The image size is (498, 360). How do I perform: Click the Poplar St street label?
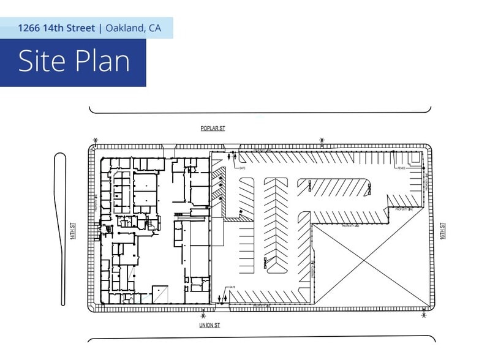pyautogui.click(x=213, y=129)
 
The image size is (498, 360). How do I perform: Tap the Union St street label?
pyautogui.click(x=209, y=325)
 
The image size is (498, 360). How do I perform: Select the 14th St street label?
pyautogui.click(x=72, y=231)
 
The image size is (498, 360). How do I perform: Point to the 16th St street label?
pyautogui.click(x=442, y=231)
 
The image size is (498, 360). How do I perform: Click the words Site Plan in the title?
pyautogui.click(x=74, y=62)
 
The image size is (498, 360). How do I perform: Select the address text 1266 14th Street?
pyautogui.click(x=56, y=28)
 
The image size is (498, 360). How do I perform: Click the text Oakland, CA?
pyautogui.click(x=133, y=28)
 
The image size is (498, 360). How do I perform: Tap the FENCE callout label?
pyautogui.click(x=401, y=168)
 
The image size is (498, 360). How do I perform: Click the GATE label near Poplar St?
pyautogui.click(x=242, y=168)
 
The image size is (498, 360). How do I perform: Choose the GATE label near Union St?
pyautogui.click(x=232, y=287)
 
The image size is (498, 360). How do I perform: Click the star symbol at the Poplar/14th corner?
pyautogui.click(x=95, y=140)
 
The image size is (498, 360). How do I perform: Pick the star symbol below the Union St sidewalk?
pyautogui.click(x=203, y=316)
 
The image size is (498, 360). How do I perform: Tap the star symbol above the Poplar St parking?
pyautogui.click(x=322, y=140)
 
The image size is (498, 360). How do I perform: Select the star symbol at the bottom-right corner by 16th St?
pyautogui.click(x=423, y=316)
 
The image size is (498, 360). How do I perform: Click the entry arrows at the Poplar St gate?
pyautogui.click(x=230, y=157)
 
